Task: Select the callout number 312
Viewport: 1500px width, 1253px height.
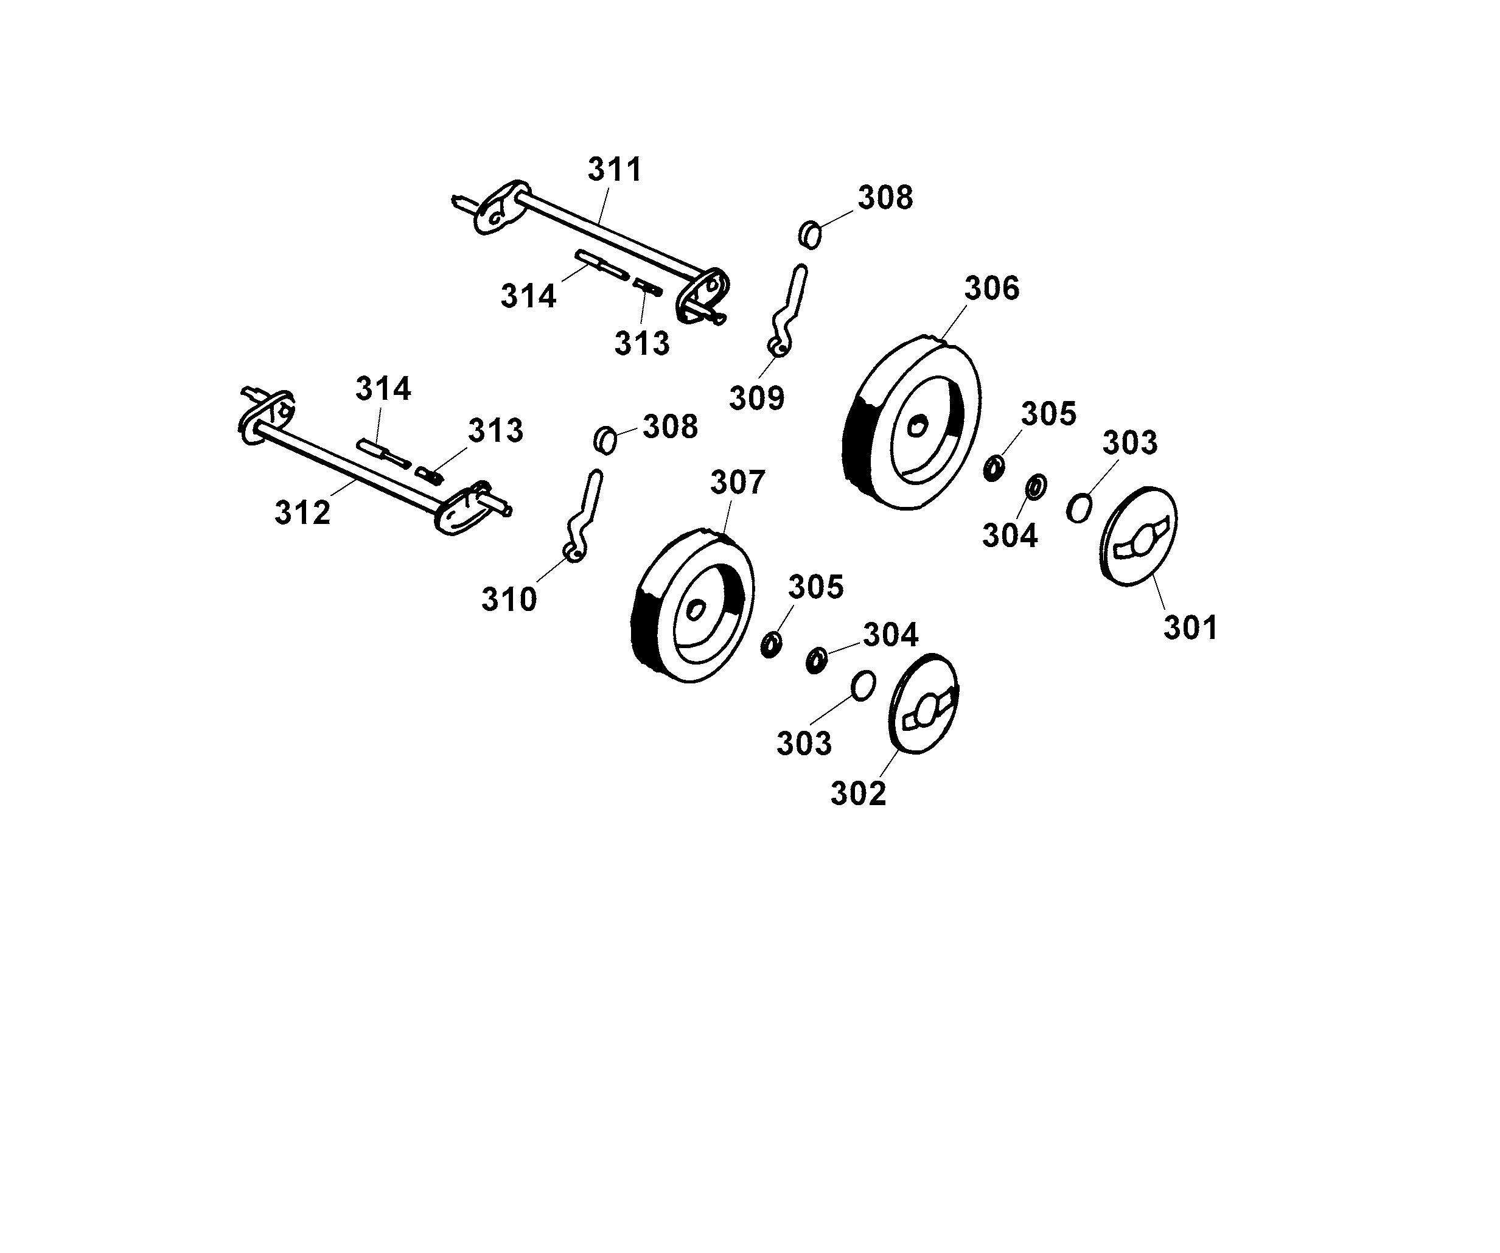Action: point(302,513)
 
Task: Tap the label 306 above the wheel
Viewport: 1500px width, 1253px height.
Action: point(991,288)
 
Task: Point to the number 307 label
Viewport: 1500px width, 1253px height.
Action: point(737,483)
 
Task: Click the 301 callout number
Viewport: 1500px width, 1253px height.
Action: point(1190,628)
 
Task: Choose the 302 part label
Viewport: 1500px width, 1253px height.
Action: point(858,794)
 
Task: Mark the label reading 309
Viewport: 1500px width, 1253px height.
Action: point(756,398)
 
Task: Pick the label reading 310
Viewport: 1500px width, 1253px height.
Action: point(509,600)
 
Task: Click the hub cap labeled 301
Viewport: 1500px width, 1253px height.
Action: point(1137,537)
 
